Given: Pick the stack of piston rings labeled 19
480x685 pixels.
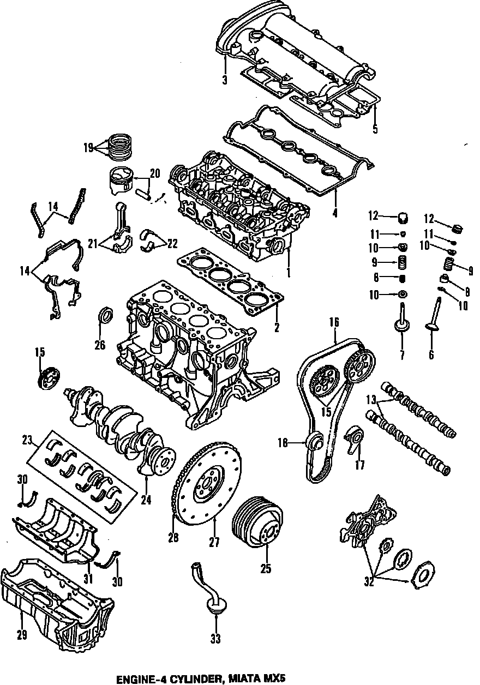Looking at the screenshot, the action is [x=122, y=147].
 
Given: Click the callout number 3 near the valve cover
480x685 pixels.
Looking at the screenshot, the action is [x=225, y=80].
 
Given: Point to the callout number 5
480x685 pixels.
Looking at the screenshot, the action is [x=375, y=129].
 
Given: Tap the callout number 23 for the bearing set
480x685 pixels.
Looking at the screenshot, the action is [x=27, y=440].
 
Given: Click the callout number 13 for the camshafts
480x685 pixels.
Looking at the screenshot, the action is [x=371, y=399].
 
